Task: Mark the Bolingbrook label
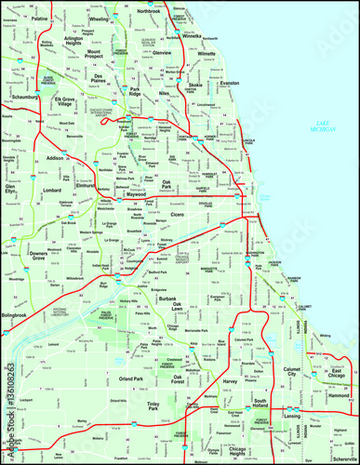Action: [x=18, y=316]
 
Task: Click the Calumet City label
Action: [x=293, y=375]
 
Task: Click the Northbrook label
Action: [x=148, y=10]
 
